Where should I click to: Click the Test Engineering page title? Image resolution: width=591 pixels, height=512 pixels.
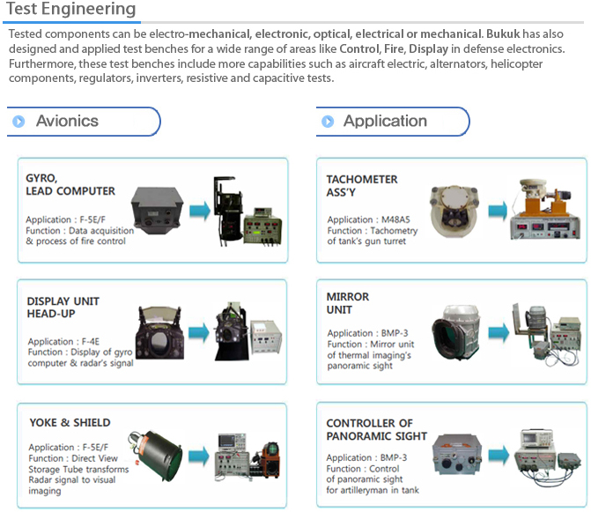[70, 9]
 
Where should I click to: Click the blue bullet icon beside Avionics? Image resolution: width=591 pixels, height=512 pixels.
[18, 122]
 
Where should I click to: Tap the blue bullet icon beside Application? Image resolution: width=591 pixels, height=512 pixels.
[328, 122]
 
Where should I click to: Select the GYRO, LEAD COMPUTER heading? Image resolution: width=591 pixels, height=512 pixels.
[70, 184]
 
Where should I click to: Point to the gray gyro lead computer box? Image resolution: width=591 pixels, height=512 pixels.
[157, 210]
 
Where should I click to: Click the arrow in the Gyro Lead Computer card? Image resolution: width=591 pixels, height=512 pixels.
[200, 211]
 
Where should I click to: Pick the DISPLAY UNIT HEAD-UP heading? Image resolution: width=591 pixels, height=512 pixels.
[63, 308]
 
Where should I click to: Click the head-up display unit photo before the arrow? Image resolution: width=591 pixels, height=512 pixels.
[160, 332]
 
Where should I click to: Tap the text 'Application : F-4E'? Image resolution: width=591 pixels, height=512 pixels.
[63, 342]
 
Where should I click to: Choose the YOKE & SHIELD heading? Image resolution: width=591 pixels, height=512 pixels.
[70, 423]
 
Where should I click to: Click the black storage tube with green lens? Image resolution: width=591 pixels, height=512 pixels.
[155, 456]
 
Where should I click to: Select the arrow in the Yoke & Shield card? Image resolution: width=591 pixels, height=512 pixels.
[199, 456]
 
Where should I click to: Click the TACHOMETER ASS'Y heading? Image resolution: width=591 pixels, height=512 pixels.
[362, 185]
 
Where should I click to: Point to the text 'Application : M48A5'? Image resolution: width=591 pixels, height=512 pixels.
[368, 219]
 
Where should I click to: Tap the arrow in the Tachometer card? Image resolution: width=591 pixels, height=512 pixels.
[498, 211]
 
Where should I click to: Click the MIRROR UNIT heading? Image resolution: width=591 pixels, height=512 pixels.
[348, 303]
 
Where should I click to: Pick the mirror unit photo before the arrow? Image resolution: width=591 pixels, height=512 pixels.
[456, 331]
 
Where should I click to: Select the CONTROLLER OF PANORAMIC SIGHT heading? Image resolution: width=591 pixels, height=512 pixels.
[377, 429]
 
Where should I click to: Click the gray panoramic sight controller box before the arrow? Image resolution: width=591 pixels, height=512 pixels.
[457, 455]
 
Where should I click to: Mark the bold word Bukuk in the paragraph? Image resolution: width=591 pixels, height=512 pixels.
[503, 34]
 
